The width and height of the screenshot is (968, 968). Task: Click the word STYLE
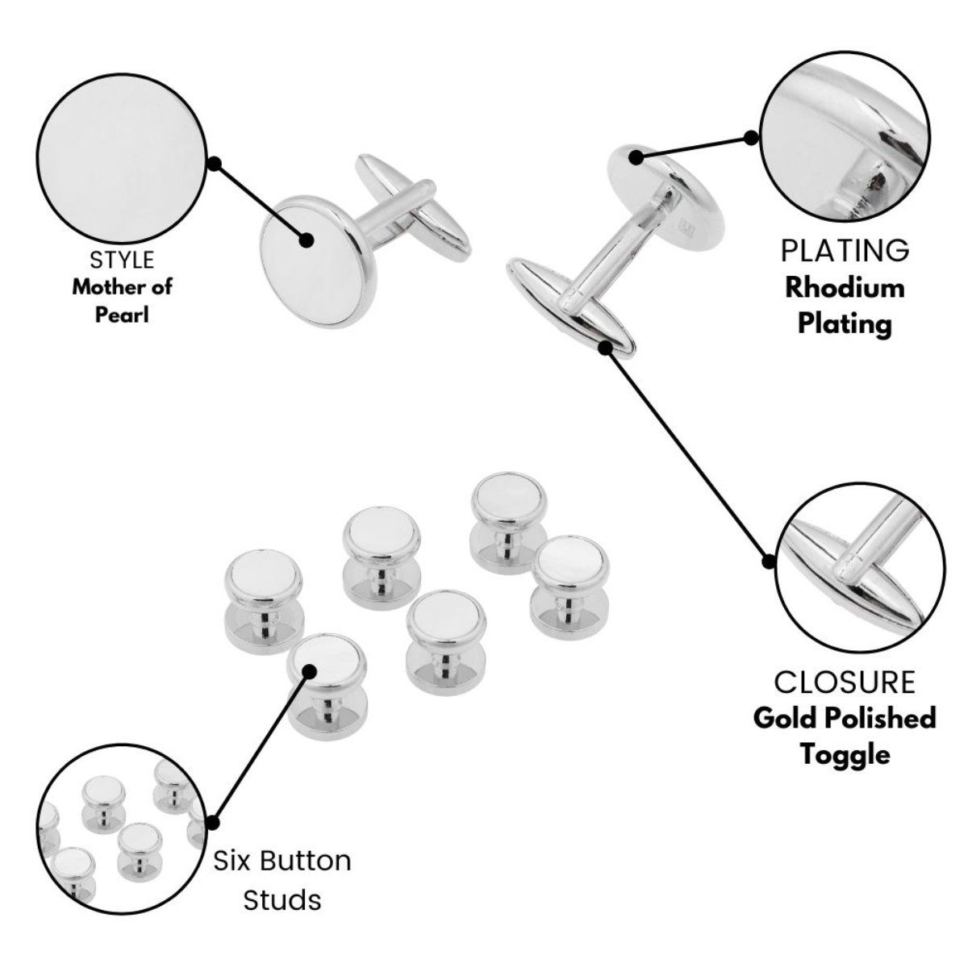(122, 260)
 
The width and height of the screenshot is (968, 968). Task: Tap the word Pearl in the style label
(123, 312)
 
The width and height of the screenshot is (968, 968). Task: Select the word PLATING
(845, 251)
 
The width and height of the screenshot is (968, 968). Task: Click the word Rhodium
(845, 287)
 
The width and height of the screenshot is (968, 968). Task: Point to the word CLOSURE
(845, 682)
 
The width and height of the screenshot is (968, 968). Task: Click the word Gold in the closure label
(788, 717)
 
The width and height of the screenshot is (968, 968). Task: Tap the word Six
(234, 861)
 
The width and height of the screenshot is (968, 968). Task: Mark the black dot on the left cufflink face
(306, 240)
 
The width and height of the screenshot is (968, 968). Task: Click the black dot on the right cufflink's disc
(637, 157)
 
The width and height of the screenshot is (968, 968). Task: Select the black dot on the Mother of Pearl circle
(214, 164)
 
